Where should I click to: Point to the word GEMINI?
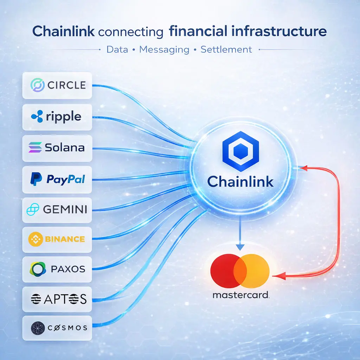click(65, 210)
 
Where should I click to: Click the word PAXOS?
click(68, 270)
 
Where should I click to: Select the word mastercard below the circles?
click(241, 295)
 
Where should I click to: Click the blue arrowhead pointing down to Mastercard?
click(240, 246)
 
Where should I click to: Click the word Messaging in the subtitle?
click(164, 49)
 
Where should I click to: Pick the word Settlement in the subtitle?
click(226, 49)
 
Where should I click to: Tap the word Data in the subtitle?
click(117, 49)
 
